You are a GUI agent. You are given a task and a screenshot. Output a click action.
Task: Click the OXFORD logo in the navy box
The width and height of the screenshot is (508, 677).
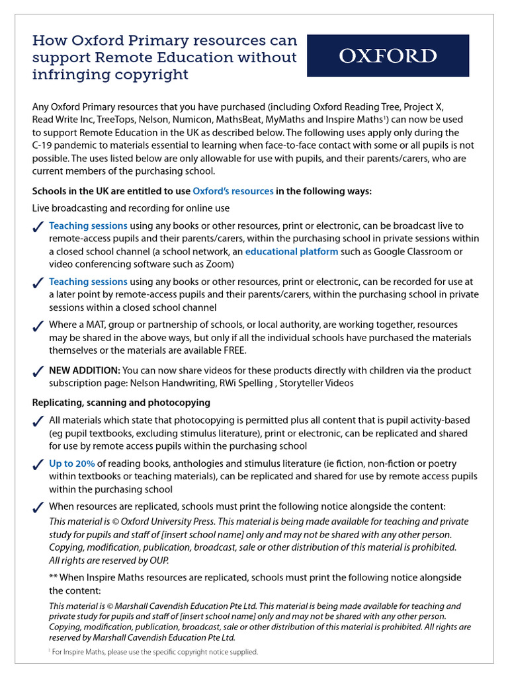(388, 56)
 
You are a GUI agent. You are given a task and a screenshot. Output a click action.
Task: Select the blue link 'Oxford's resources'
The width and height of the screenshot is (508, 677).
(233, 191)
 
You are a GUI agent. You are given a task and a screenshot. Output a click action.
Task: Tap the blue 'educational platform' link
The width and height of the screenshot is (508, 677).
(292, 251)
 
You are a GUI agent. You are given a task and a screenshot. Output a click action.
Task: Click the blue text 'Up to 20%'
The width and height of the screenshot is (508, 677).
(72, 463)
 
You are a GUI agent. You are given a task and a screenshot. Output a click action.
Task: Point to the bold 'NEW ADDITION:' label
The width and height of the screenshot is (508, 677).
(85, 370)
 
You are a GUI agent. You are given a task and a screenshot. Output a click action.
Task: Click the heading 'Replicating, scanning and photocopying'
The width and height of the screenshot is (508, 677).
(121, 402)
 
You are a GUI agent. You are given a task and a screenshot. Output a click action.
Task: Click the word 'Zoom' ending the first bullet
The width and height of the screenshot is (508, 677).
(222, 264)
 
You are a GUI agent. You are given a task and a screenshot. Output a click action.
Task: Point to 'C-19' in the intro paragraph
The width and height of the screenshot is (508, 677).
(43, 145)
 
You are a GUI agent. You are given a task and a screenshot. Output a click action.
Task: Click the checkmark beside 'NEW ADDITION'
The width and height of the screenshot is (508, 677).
(38, 372)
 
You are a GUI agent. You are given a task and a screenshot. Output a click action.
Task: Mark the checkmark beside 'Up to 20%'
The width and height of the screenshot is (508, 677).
(38, 465)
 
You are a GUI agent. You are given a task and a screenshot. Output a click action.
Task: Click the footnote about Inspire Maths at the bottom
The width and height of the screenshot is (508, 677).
(153, 651)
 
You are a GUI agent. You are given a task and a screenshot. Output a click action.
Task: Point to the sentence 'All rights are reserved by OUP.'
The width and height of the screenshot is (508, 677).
(109, 560)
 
